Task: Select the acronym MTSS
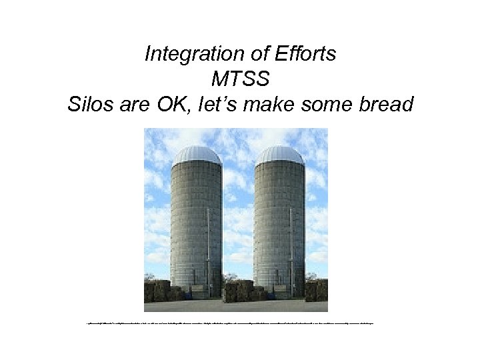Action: tap(240, 79)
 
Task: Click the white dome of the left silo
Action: tap(197, 155)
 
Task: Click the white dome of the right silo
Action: tap(279, 155)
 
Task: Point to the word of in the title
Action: tap(257, 54)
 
